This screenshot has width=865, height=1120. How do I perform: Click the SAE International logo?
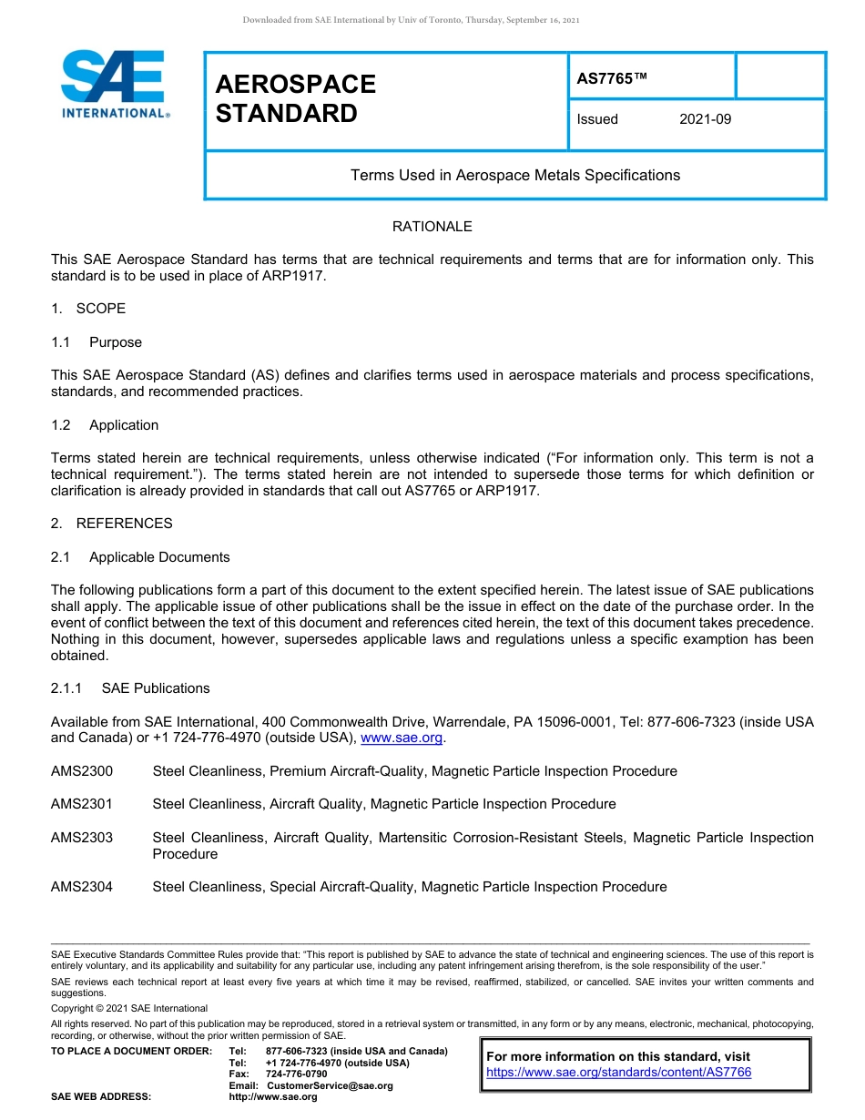(114, 84)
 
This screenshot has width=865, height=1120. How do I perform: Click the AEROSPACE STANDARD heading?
(295, 98)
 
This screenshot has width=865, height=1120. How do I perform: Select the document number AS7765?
(611, 79)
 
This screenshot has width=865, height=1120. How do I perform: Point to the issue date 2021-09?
(705, 119)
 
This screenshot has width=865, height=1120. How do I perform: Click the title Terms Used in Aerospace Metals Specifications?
(514, 175)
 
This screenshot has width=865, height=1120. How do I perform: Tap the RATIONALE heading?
(432, 226)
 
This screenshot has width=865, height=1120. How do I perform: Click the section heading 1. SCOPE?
(88, 309)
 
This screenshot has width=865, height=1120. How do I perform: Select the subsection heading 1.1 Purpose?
(97, 342)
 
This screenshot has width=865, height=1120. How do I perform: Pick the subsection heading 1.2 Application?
(105, 425)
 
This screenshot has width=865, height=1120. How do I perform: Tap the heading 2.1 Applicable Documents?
(140, 557)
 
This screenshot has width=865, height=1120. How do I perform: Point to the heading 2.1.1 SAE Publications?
(130, 688)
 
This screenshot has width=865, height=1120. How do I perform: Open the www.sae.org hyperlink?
(402, 738)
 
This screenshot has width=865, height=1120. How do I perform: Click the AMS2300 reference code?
(82, 771)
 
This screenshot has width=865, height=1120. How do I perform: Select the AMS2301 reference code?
(82, 804)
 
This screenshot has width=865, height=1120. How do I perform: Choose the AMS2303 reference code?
(82, 838)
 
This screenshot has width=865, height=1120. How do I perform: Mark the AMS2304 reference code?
(82, 887)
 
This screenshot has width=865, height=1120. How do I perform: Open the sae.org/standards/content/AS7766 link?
(618, 1073)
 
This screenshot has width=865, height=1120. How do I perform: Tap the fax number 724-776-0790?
(296, 1074)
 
